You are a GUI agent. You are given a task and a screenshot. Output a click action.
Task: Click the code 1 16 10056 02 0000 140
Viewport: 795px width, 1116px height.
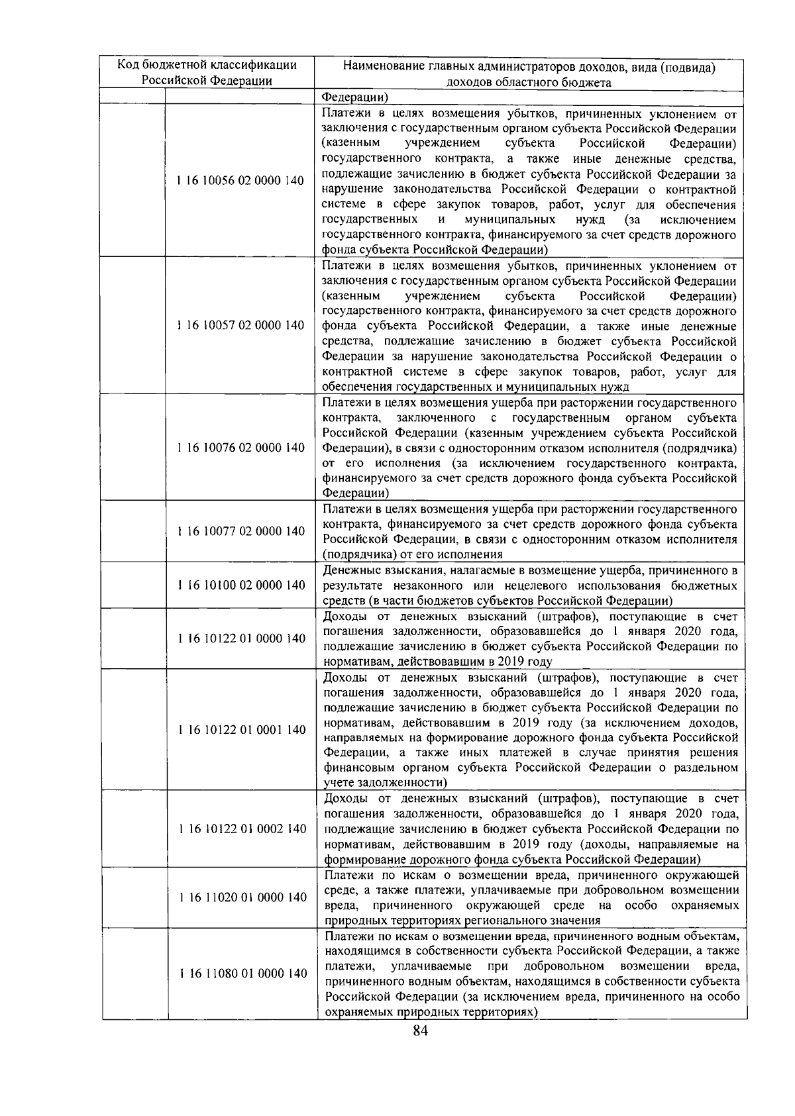(x=240, y=181)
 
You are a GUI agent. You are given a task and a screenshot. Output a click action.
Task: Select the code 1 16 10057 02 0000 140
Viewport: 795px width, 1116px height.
(x=240, y=325)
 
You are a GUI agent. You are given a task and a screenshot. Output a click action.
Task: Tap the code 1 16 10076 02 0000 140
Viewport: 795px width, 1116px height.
(x=240, y=448)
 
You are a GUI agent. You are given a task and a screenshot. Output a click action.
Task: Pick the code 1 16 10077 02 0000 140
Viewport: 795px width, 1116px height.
(x=240, y=531)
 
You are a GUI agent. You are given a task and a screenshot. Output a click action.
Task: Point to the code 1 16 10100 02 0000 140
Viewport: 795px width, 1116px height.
(x=240, y=585)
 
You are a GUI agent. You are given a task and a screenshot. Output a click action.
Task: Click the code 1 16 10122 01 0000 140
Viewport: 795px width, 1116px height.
(x=240, y=638)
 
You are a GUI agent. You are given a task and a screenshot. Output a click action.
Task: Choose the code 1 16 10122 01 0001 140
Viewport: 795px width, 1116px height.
(x=240, y=729)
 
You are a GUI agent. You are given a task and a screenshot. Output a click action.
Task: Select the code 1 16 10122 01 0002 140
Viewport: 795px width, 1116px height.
(x=240, y=829)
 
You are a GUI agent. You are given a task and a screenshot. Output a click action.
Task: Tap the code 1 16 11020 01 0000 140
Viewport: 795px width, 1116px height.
(x=240, y=897)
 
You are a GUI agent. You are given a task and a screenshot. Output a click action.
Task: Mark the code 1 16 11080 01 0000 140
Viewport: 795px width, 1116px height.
(x=240, y=973)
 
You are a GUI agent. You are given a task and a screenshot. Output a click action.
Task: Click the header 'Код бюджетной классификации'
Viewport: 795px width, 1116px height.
(x=207, y=65)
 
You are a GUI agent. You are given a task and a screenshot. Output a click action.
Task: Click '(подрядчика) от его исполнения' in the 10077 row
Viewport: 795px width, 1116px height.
(x=412, y=554)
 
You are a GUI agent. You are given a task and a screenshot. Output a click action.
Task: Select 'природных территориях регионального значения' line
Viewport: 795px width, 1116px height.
(x=462, y=920)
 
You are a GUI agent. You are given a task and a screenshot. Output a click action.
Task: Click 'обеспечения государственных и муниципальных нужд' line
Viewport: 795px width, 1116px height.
(x=475, y=386)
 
